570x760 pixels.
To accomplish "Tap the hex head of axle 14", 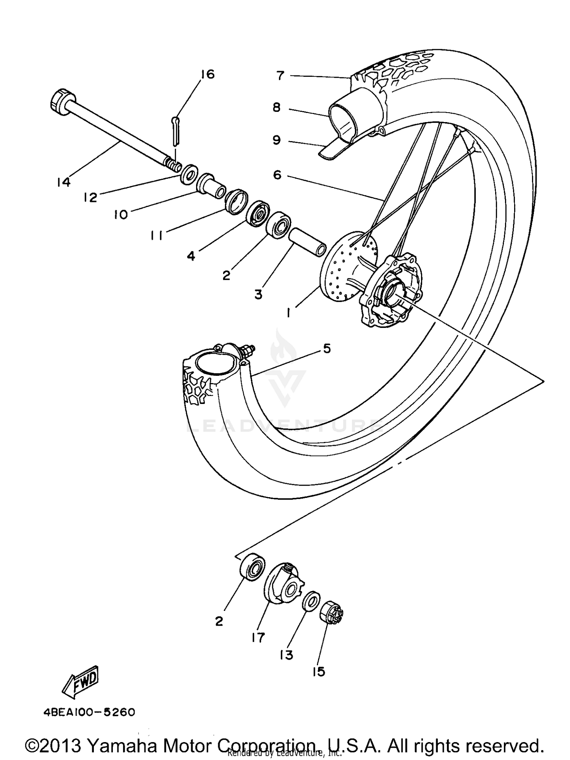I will pyautogui.click(x=59, y=101).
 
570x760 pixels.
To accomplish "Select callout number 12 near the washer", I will pyautogui.click(x=91, y=197).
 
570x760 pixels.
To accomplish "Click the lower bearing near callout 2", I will pyautogui.click(x=252, y=571).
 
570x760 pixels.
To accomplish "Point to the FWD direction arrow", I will pyautogui.click(x=81, y=683).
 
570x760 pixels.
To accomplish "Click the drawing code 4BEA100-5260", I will pyautogui.click(x=89, y=712).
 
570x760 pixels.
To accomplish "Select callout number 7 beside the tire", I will pyautogui.click(x=280, y=76).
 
